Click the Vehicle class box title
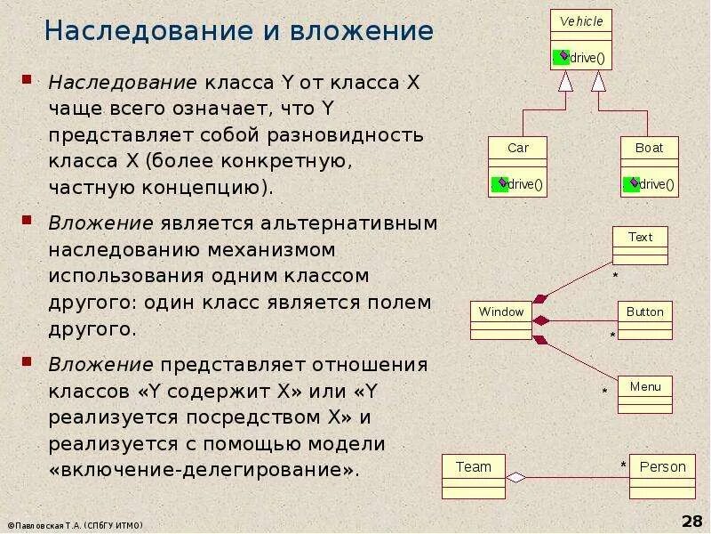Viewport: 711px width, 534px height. point(581,21)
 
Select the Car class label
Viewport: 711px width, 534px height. point(517,148)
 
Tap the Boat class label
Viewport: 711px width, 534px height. point(649,148)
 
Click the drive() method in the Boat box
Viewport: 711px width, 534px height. point(658,185)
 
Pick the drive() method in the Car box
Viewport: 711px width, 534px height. point(526,185)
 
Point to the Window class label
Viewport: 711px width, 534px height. point(501,311)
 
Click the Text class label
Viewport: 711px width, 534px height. point(640,237)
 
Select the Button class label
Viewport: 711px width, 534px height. point(644,311)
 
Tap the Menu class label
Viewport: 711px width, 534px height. point(644,386)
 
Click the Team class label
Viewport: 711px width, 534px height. point(473,466)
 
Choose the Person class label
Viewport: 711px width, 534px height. point(662,466)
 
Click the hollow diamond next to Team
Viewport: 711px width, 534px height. point(515,477)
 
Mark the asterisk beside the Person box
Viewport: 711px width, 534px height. point(623,465)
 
